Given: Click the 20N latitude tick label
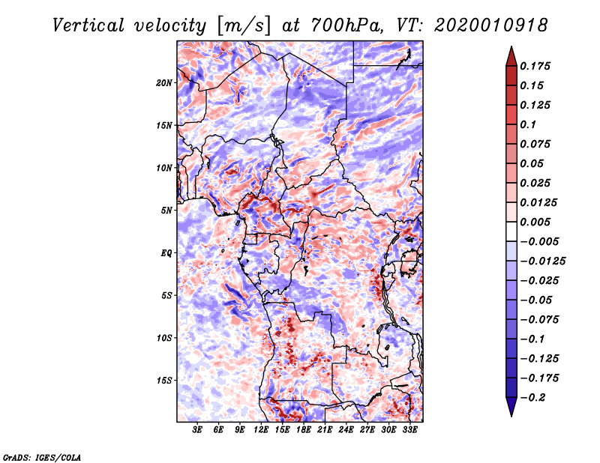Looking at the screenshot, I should tap(164, 82).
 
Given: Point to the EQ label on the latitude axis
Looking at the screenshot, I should tap(166, 252).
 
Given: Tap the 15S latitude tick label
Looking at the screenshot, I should tap(164, 380).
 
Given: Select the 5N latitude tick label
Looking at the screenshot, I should tap(166, 210).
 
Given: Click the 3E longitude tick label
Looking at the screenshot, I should tap(198, 430).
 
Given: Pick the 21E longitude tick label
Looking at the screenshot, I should tap(325, 430).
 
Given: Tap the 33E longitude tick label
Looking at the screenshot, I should tap(409, 430).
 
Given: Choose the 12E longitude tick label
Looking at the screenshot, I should tap(261, 430).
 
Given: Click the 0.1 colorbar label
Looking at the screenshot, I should tap(530, 124).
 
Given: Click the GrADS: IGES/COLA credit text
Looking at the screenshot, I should tap(41, 456).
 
